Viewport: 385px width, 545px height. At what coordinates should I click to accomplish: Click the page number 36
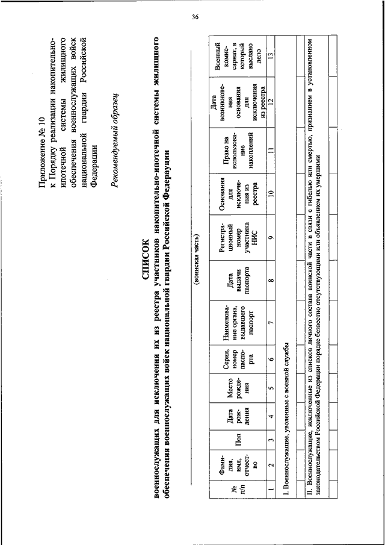pos(195,16)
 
